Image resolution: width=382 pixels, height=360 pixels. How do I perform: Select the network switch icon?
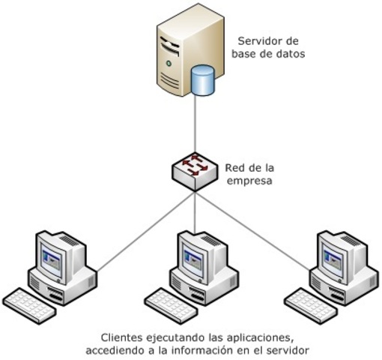(x=194, y=169)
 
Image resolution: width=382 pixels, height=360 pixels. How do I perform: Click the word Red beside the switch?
(x=235, y=166)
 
